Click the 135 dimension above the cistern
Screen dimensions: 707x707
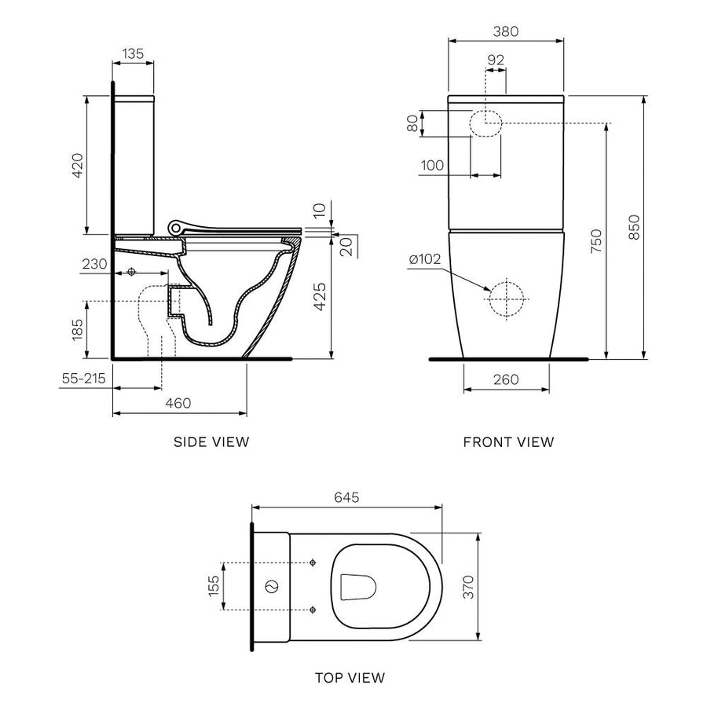(132, 53)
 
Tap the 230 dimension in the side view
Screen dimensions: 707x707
(93, 265)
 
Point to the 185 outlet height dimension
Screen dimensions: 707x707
(77, 330)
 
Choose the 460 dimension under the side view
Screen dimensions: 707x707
(178, 403)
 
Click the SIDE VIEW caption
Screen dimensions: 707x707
(211, 441)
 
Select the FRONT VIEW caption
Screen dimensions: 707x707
(508, 441)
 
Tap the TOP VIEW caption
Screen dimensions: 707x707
(351, 677)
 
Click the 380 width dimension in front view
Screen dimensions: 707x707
(506, 31)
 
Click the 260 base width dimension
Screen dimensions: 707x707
(506, 379)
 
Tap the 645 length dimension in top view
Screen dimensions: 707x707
(346, 497)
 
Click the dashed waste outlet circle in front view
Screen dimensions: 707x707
(507, 299)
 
